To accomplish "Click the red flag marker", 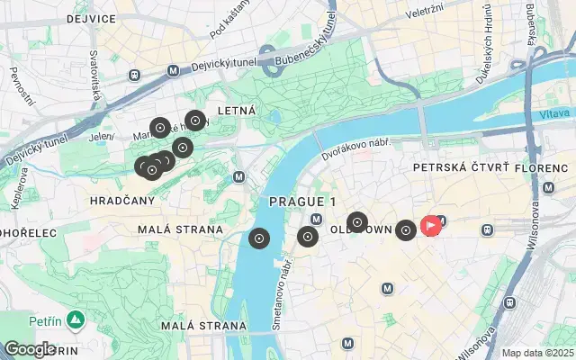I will tap(431, 225).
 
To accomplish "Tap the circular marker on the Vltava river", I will tap(259, 238).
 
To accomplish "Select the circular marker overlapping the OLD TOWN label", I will tap(357, 222).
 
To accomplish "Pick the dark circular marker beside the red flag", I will tap(406, 230).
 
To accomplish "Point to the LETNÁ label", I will tap(237, 111).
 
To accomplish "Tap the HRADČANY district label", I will tap(123, 202).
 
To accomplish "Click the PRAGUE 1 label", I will tap(302, 202).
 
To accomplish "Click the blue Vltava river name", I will tap(554, 115).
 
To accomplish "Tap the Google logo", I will tap(30, 349).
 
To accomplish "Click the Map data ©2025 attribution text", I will tap(536, 354).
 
